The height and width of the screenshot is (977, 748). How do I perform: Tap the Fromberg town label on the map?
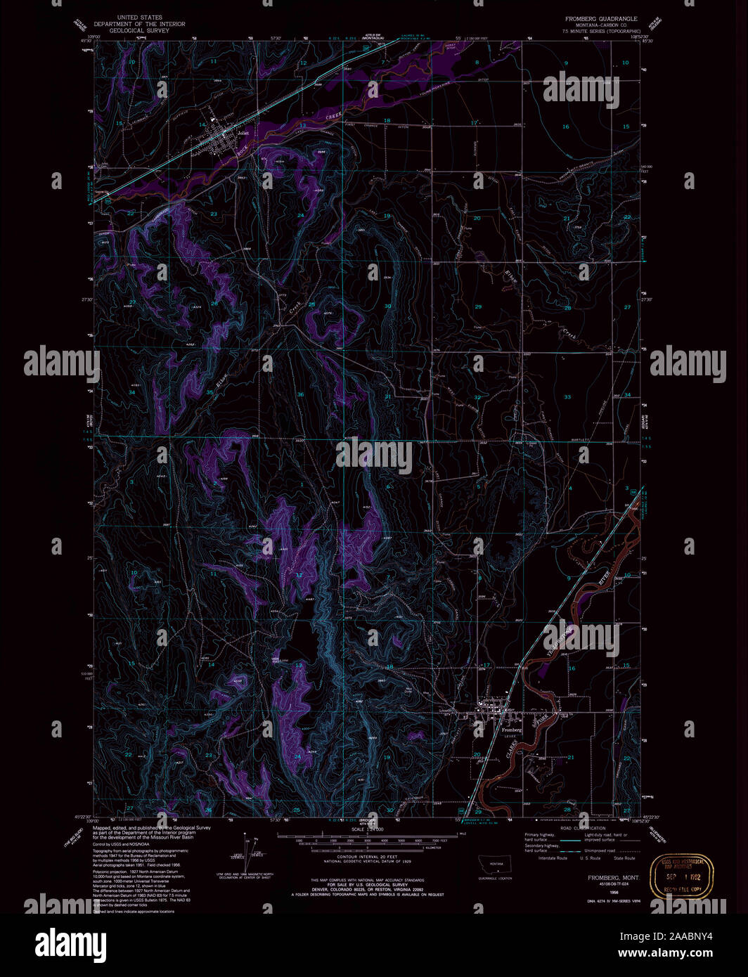[x=511, y=730]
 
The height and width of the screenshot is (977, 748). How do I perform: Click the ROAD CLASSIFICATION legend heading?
[x=583, y=829]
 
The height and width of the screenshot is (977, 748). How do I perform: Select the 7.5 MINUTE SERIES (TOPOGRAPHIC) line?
[x=601, y=32]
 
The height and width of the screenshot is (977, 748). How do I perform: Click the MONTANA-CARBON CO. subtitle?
[x=601, y=25]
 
